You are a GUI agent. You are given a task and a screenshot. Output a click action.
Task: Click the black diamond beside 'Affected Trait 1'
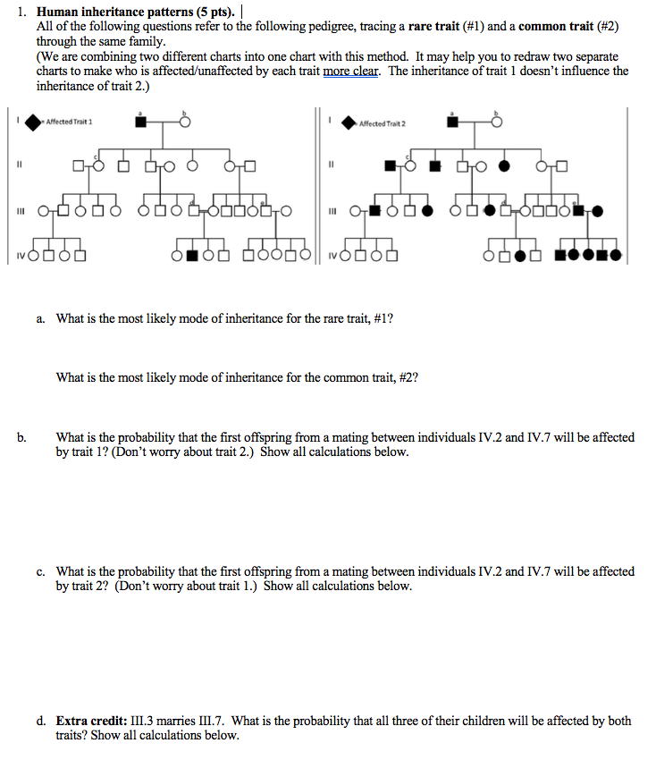click(33, 122)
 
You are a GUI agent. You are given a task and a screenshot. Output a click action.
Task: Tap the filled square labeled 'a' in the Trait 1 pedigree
click(140, 122)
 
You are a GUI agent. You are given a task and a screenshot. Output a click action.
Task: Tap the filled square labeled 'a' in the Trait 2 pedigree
click(453, 122)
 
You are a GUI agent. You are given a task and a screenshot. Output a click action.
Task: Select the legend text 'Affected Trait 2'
click(382, 122)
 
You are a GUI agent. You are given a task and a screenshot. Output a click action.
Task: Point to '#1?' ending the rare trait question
click(381, 318)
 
